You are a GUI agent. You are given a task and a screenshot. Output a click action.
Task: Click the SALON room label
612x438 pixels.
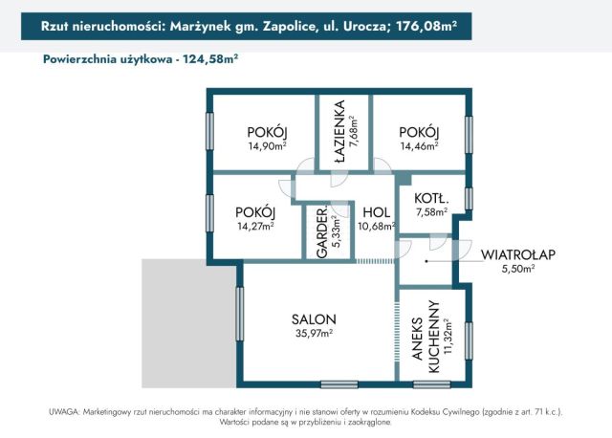(313, 319)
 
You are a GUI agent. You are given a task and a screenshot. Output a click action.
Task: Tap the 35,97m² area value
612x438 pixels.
(313, 334)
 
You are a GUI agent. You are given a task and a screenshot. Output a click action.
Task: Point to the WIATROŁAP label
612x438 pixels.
(518, 254)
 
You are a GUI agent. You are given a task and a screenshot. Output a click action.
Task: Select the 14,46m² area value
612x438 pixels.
(419, 146)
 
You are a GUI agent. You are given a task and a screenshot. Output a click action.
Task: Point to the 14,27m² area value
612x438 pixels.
(255, 227)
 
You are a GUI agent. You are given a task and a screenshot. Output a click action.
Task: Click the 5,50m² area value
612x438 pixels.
(518, 270)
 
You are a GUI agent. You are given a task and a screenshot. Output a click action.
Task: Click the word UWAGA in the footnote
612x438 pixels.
(64, 410)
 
